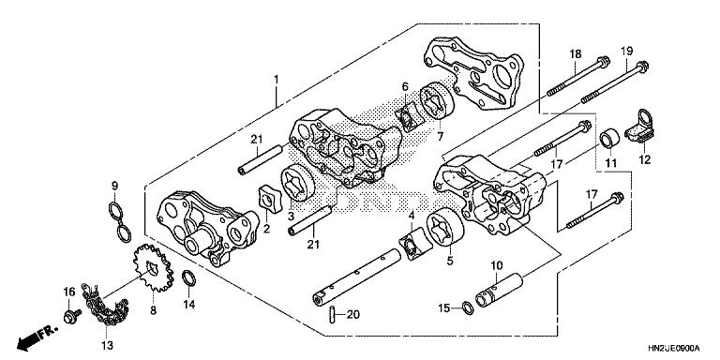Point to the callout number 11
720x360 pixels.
pyautogui.click(x=610, y=165)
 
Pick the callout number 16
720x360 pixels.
pyautogui.click(x=68, y=292)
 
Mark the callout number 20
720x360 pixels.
pyautogui.click(x=352, y=315)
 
